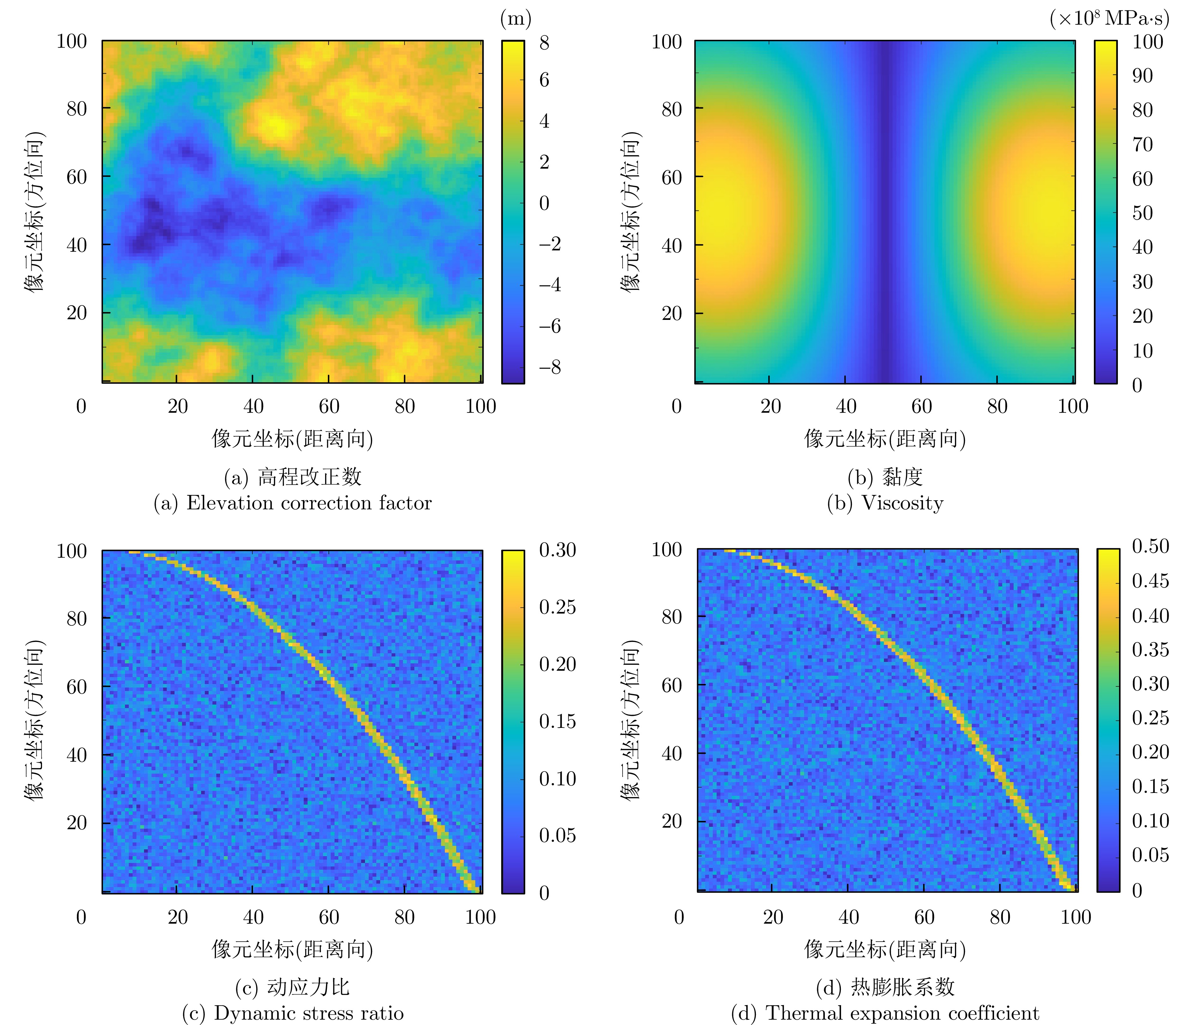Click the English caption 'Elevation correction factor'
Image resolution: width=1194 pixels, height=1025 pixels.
(x=309, y=503)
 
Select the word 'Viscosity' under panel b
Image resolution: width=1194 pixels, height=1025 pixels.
(x=902, y=503)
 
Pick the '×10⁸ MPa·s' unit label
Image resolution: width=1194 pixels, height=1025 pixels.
(x=1109, y=19)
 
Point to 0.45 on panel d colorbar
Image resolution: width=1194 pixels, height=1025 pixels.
(x=1150, y=581)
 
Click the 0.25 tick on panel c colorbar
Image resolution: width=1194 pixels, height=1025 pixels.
(x=557, y=607)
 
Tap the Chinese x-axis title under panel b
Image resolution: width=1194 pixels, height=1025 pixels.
(x=885, y=439)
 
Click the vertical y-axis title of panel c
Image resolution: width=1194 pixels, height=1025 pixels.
(x=34, y=720)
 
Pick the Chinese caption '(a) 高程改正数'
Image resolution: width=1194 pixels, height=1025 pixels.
(x=293, y=477)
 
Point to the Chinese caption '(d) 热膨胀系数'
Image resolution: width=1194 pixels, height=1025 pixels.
(x=885, y=987)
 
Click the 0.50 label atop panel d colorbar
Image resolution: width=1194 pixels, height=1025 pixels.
(x=1150, y=546)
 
